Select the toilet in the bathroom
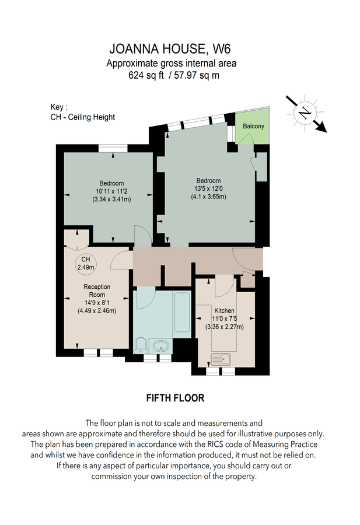tap(140, 345)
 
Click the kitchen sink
tap(222, 359)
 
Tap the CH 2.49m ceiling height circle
tap(86, 263)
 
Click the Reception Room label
tap(97, 291)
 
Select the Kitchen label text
tap(224, 310)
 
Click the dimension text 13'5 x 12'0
tap(208, 188)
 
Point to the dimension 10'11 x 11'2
tap(111, 191)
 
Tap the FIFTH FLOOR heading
tap(175, 398)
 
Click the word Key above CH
tap(59, 107)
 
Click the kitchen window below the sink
tap(221, 370)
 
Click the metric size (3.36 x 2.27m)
tap(224, 327)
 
